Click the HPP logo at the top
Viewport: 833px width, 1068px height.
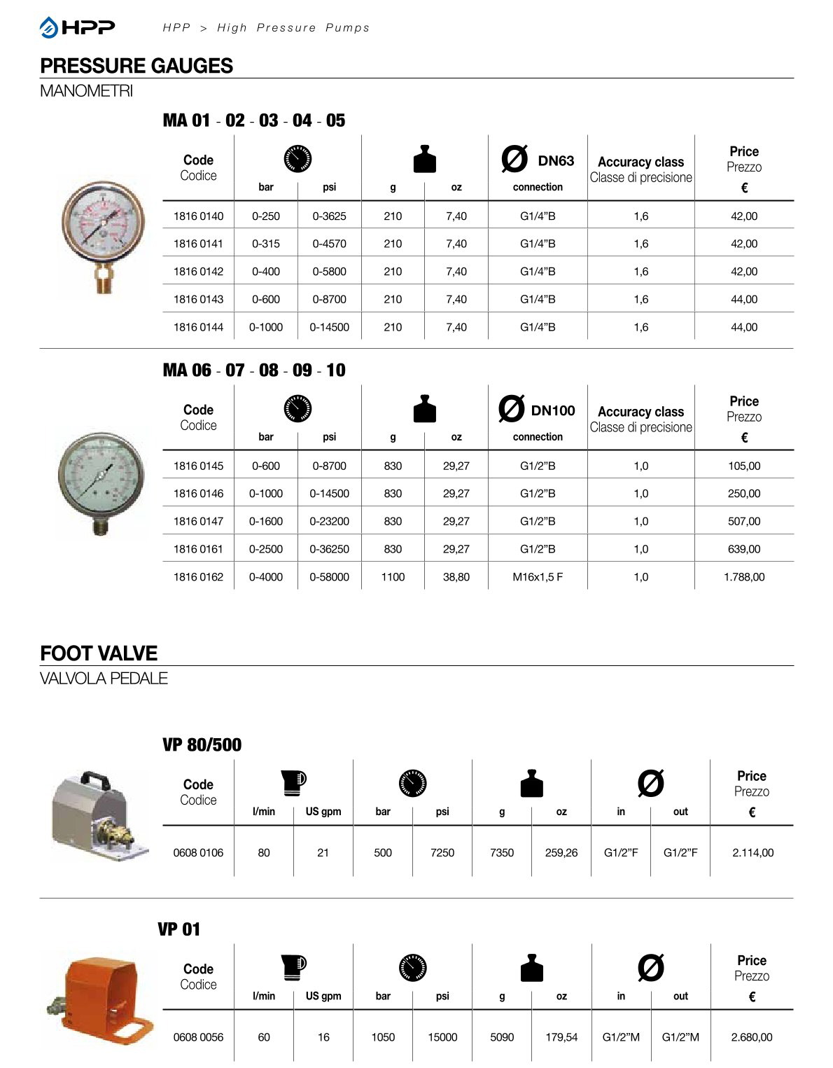point(77,27)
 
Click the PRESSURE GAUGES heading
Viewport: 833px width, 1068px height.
point(136,66)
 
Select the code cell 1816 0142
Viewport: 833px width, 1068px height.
point(198,272)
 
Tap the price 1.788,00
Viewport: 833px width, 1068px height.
point(743,577)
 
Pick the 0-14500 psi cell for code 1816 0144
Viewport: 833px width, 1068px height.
point(329,327)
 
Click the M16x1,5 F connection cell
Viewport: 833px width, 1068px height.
point(537,577)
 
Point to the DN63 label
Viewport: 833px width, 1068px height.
point(555,161)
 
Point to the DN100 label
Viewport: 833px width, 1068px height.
point(552,411)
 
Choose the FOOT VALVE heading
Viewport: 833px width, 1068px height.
point(99,653)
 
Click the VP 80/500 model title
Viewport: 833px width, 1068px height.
point(202,744)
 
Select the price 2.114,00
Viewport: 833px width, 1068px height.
point(752,852)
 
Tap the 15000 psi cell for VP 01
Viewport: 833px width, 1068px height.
point(442,1037)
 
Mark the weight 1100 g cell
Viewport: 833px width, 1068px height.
point(393,577)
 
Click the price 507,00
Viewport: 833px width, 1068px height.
point(743,521)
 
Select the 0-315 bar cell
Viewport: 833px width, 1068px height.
point(265,244)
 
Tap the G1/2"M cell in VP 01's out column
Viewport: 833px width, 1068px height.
point(680,1037)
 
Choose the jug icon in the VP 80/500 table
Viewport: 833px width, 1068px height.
point(294,782)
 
